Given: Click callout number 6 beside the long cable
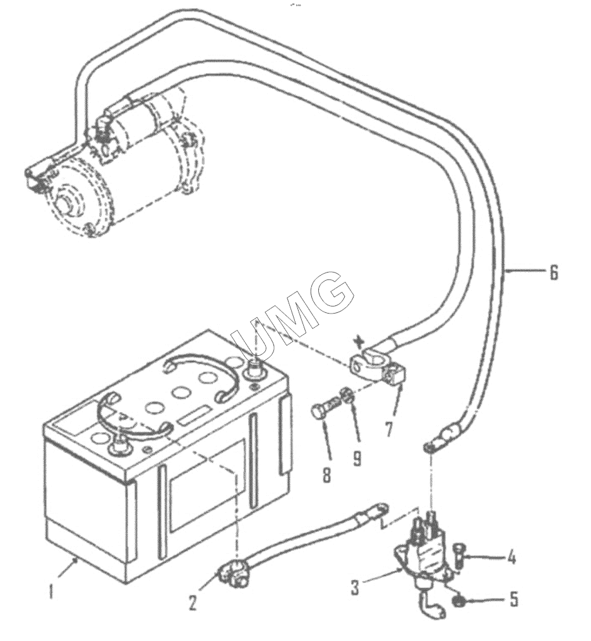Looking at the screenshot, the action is coord(553,273).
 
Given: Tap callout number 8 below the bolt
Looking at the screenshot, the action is coord(326,474).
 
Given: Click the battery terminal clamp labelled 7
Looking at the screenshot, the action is coord(377,364).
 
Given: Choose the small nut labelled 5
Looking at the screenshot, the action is coord(457,601).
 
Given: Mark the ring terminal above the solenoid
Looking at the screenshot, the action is coord(429,447).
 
